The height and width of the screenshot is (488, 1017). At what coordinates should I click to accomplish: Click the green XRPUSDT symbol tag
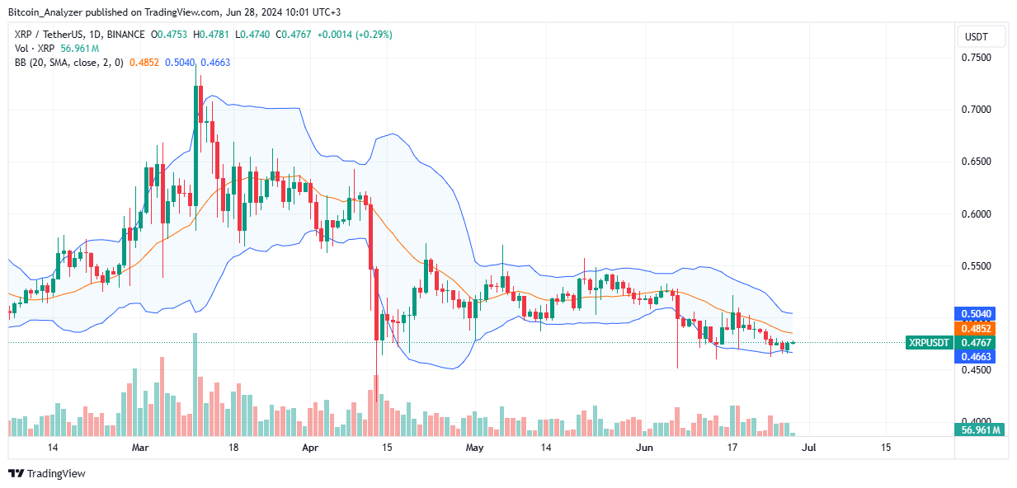pos(928,342)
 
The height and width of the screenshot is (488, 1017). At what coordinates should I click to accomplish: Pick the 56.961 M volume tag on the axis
pos(979,429)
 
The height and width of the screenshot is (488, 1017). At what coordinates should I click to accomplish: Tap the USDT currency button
pos(982,37)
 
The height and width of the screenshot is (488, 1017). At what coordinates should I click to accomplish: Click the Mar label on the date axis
pos(141,448)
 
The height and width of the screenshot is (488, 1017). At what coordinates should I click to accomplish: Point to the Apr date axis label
pos(309,448)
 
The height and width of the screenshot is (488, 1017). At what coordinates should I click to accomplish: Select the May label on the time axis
pos(474,448)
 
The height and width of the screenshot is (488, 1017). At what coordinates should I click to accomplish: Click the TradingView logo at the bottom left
pos(47,473)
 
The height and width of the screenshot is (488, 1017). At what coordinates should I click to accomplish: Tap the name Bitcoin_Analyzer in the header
pos(42,12)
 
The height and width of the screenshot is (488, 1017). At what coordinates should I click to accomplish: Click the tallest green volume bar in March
pos(195,384)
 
